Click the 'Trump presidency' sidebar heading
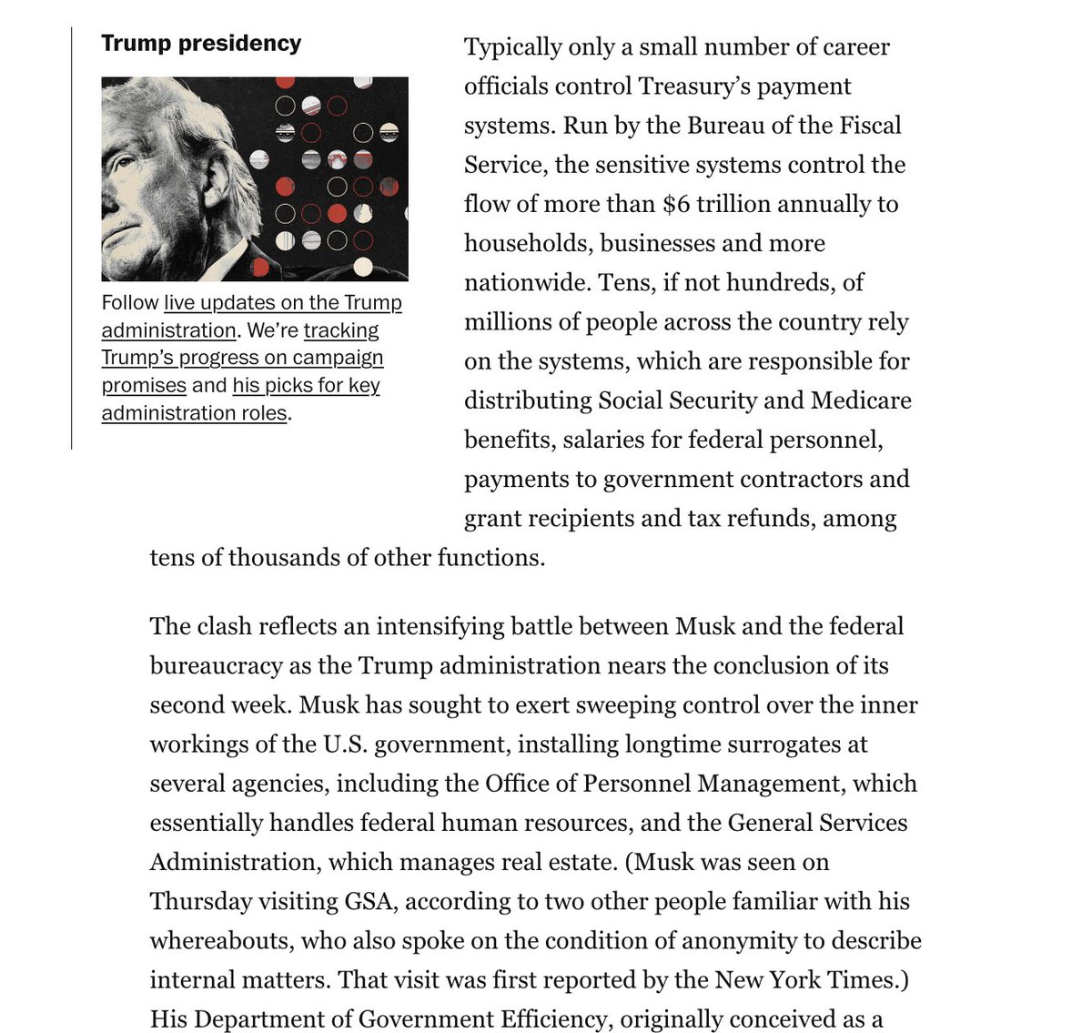tap(201, 44)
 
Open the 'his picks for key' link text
tap(307, 385)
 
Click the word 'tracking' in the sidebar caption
tap(341, 330)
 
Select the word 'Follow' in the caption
tap(129, 303)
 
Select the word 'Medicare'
tap(861, 400)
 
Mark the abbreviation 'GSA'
tap(371, 901)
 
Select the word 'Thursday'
tap(201, 901)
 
